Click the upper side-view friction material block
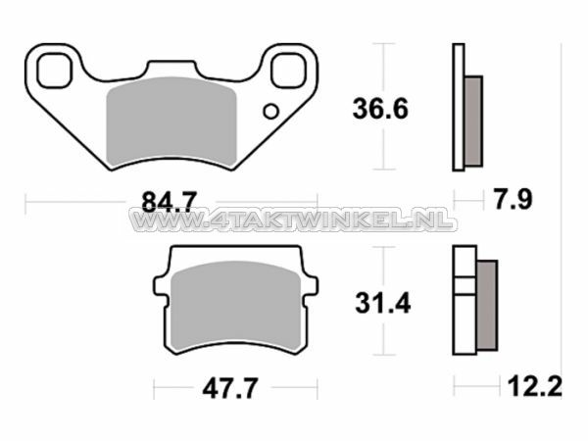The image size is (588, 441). click(472, 120)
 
